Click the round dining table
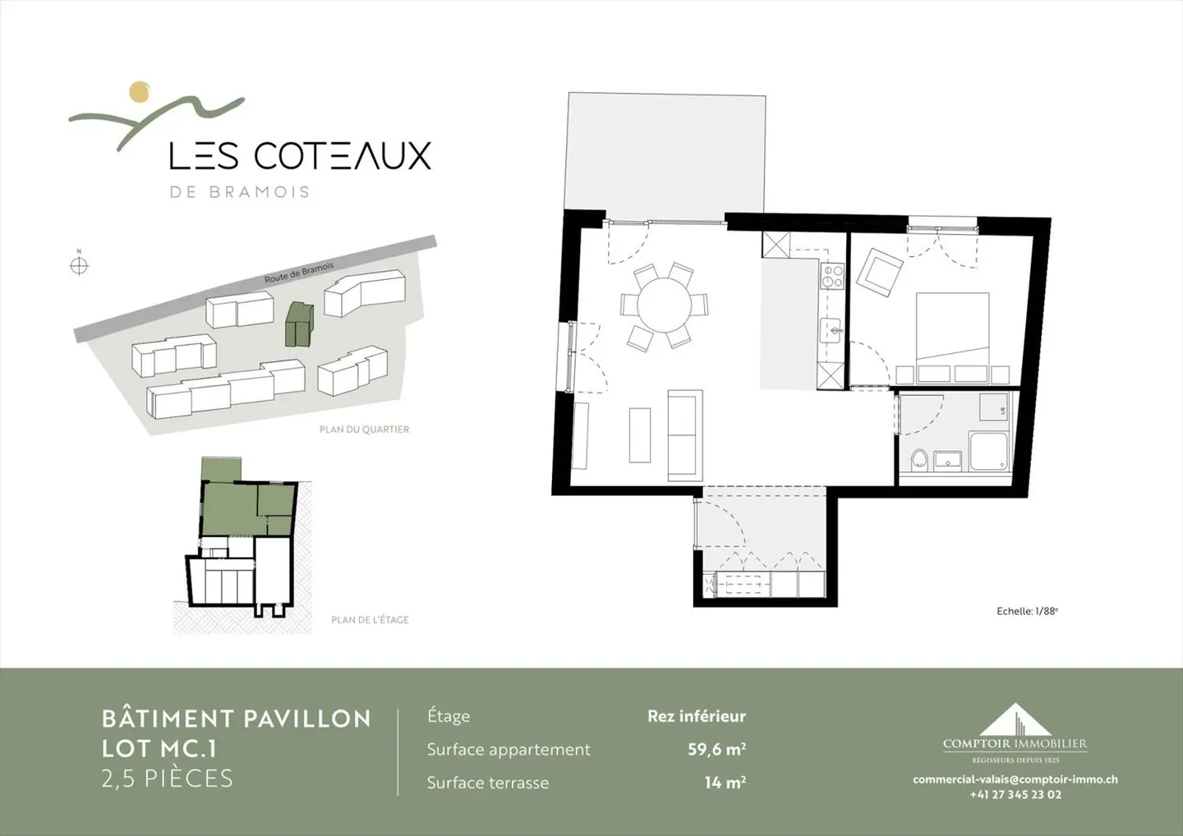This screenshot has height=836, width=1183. coord(664,305)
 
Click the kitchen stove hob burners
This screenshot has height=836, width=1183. coord(831,276)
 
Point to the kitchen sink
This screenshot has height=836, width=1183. coord(831,332)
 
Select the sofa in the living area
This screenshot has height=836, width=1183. coord(685,435)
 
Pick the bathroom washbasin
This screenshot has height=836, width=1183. coord(948,460)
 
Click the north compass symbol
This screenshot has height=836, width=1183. coord(79,264)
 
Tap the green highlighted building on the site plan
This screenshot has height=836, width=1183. coord(299,324)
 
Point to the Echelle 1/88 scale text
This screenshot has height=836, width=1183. coord(1027,611)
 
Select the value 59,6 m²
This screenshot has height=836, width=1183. coord(716,750)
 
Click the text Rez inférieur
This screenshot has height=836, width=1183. coord(697,716)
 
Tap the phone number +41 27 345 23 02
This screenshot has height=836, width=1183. coord(1015,794)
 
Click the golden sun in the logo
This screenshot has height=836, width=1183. coord(140,91)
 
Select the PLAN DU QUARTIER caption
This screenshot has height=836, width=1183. coord(365,429)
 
